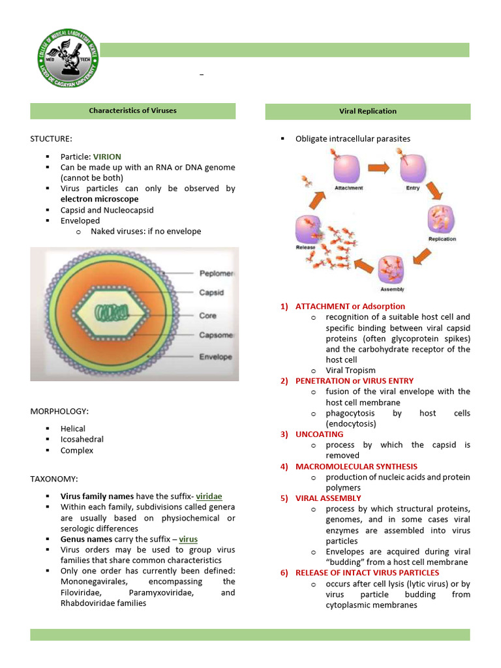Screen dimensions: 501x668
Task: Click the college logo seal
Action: click(68, 60)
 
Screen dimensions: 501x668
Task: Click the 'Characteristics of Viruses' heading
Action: click(132, 111)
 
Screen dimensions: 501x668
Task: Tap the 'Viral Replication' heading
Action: click(367, 112)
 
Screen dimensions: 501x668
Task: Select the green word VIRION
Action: click(107, 157)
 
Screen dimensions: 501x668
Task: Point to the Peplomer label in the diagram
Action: click(216, 274)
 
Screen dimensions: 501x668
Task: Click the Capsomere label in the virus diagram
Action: click(216, 335)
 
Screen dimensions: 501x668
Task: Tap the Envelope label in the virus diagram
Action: click(215, 357)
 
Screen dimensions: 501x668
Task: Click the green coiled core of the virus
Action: click(111, 312)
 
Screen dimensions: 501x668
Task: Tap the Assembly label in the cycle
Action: click(392, 289)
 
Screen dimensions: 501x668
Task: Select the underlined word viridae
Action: click(209, 496)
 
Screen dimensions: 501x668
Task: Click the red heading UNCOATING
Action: click(319, 434)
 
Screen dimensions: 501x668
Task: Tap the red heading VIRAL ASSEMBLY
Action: click(328, 498)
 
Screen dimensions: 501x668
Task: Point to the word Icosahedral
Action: click(82, 440)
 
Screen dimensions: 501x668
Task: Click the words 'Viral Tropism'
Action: click(350, 371)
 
